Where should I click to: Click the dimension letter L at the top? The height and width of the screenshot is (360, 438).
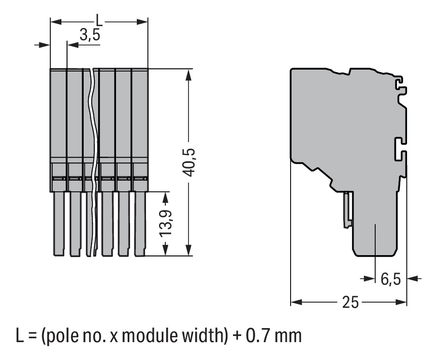click(99, 21)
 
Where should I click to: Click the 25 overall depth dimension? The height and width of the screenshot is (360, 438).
click(350, 303)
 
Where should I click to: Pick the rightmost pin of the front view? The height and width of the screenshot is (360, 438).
click(140, 223)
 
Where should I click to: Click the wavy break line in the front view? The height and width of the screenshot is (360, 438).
click(90, 159)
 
